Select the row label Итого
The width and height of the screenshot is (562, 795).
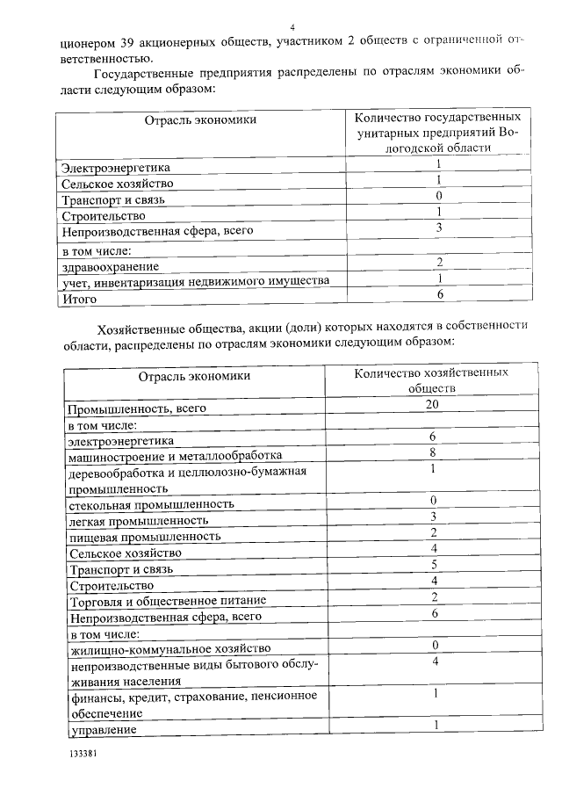[77, 299]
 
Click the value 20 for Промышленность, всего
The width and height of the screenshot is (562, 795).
[431, 404]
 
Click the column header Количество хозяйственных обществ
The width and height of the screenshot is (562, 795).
[431, 380]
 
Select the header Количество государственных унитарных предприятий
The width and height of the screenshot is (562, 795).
[436, 132]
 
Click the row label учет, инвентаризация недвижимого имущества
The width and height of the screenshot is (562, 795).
[196, 281]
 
